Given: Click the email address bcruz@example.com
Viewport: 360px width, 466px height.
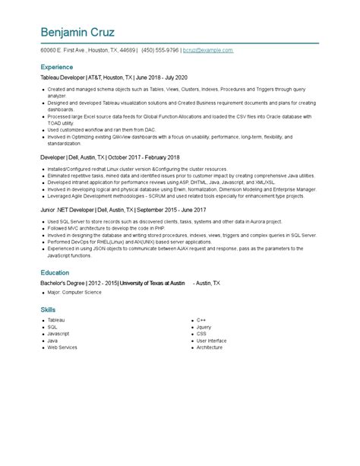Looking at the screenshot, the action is pyautogui.click(x=207, y=50).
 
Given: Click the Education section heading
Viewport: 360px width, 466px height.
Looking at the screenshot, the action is pyautogui.click(x=56, y=273).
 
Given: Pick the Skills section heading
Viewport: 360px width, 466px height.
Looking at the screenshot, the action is pyautogui.click(x=48, y=310).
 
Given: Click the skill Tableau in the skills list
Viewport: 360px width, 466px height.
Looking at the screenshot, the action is pyautogui.click(x=56, y=320).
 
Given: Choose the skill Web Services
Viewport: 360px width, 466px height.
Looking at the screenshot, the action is pyautogui.click(x=62, y=347).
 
